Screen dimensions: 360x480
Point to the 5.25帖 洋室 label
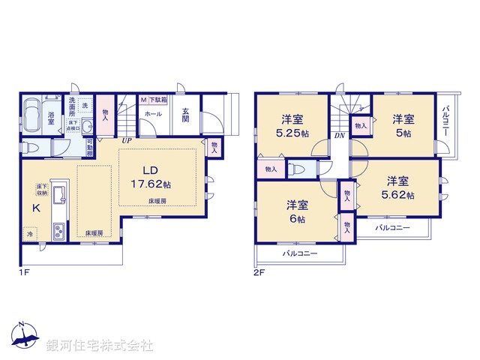coord(292,125)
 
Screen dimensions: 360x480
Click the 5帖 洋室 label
coord(403,125)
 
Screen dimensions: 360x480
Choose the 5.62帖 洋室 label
coord(397,187)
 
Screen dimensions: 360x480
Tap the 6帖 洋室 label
coord(295,211)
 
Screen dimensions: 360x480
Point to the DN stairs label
coord(339,136)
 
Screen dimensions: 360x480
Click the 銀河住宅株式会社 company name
coord(100,346)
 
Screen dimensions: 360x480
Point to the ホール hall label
coord(153,114)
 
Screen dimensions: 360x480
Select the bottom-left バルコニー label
coord(299,253)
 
